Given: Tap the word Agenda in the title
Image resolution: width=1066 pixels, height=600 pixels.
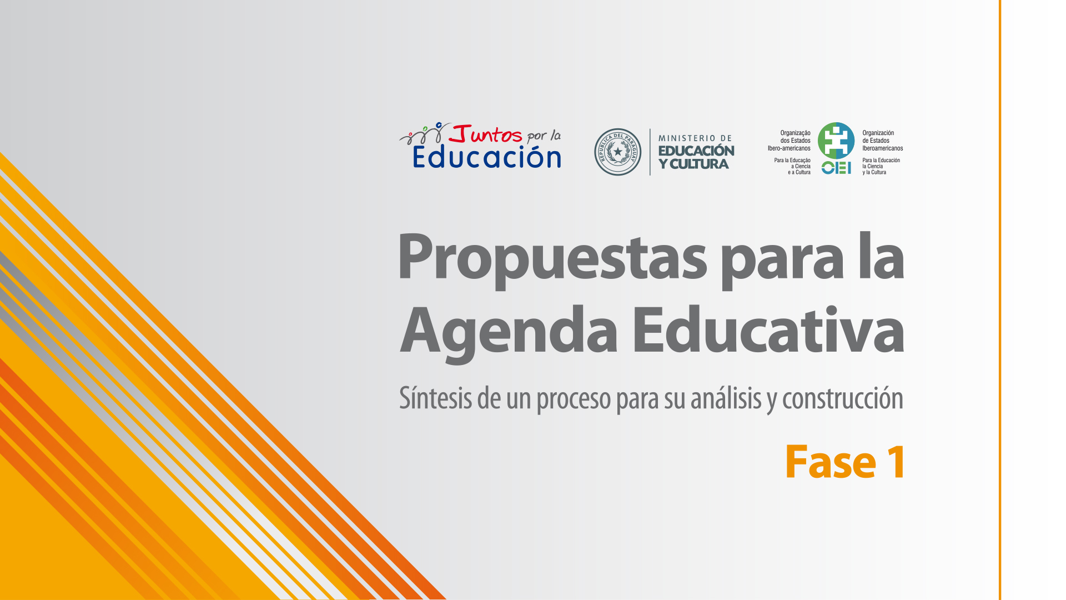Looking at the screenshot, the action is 509,333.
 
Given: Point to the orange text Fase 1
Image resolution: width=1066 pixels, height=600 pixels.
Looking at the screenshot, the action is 845,462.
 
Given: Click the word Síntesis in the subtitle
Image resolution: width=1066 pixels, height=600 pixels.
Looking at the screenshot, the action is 435,398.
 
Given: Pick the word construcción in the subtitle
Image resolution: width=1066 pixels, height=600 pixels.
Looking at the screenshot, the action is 843,398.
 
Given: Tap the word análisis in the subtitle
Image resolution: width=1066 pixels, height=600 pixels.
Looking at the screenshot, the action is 726,398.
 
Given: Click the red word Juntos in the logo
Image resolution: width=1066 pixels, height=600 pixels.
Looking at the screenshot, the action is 486,134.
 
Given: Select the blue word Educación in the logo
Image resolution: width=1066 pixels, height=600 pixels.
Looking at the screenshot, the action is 487,157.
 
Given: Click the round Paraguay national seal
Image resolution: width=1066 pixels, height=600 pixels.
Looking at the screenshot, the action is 618,152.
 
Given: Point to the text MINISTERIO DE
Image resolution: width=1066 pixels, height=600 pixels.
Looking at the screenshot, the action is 695,138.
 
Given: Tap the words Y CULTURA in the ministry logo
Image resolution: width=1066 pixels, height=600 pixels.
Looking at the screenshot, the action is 693,164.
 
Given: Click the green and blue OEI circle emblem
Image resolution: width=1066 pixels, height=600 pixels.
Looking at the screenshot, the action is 836,141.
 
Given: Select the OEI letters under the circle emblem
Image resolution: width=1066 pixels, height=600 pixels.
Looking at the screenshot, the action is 836,167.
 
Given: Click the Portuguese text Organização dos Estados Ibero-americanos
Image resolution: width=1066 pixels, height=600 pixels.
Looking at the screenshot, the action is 789,141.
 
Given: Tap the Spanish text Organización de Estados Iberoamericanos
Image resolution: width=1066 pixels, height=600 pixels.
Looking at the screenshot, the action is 883,141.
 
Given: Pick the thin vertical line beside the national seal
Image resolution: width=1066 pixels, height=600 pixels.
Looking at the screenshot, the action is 650,152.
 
